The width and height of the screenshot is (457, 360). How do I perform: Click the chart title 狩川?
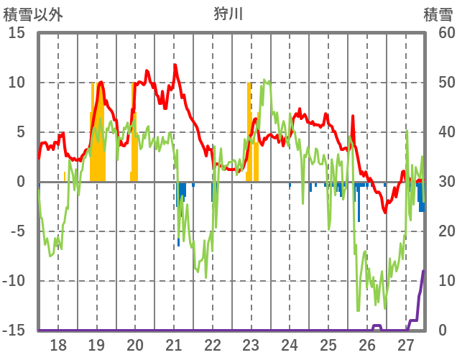point(229,14)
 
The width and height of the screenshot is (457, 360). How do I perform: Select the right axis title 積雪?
point(438,14)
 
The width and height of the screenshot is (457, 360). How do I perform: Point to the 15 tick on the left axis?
point(17,33)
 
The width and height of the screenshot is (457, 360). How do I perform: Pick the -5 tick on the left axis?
point(17,231)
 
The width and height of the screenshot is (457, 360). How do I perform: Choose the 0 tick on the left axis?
point(21,182)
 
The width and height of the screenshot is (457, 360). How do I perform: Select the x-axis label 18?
point(58,345)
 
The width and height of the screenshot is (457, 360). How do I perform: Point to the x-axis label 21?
point(174,345)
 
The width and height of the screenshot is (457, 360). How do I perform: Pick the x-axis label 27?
point(406,345)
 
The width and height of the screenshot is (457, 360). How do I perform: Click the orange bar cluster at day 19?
point(98,137)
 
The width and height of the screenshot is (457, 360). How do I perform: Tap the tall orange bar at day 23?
point(249,129)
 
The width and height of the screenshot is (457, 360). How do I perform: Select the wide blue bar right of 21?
point(183,190)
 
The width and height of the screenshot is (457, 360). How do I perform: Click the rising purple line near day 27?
point(420,295)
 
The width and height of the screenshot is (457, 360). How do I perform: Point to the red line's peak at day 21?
point(175,65)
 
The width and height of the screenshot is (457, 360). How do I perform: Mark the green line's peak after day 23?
point(265,80)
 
